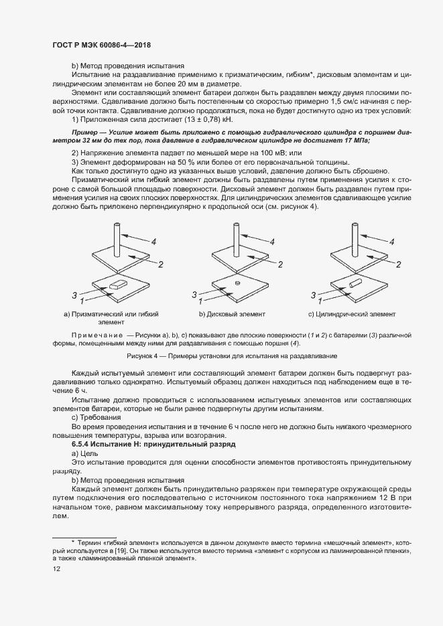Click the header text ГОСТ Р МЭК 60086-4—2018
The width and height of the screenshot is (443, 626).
click(x=101, y=45)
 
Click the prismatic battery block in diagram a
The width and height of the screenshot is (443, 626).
click(x=115, y=286)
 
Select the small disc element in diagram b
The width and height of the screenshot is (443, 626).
click(x=237, y=283)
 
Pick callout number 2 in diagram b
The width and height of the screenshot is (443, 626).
click(x=281, y=265)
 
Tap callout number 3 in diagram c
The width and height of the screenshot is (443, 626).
click(x=313, y=294)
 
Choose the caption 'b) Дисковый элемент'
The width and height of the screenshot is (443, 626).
click(x=232, y=314)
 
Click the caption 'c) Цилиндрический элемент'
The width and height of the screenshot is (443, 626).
click(x=352, y=314)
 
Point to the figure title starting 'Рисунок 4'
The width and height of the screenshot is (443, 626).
click(x=231, y=356)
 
